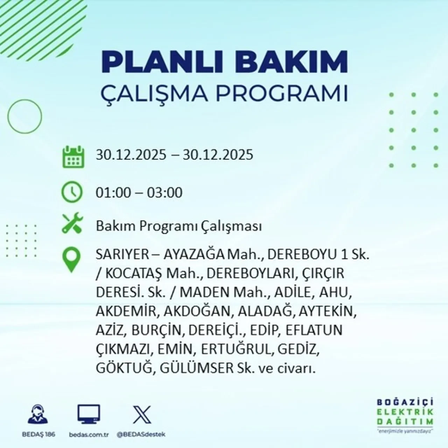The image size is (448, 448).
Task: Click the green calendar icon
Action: coord(73,156)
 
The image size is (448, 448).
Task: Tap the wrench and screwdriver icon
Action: coord(72,224)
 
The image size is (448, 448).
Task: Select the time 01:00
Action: coord(113,193)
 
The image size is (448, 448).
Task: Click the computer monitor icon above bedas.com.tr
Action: coord(89,415)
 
